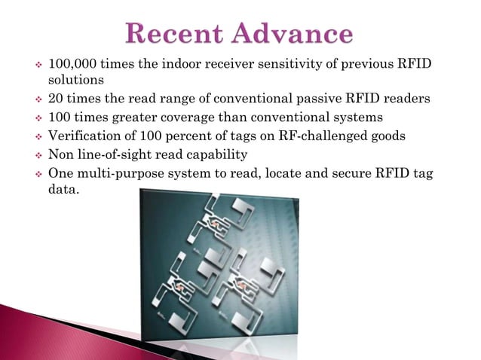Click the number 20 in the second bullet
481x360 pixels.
[56, 98]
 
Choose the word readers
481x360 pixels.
[407, 98]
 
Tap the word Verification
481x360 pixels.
[85, 136]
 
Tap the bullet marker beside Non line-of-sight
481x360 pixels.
[35, 156]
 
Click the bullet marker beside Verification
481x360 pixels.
[35, 137]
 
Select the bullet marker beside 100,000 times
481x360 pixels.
[35, 63]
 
